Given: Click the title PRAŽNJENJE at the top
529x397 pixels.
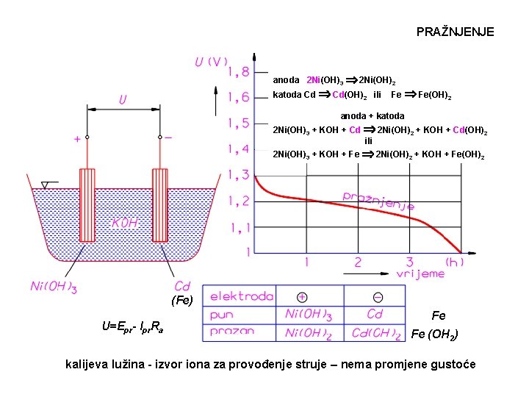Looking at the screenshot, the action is (x=455, y=32).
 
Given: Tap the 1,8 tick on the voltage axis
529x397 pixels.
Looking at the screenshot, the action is (x=238, y=72).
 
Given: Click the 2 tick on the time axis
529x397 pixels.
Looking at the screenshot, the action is (x=358, y=262).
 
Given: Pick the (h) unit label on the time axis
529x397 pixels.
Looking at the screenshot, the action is (x=455, y=262).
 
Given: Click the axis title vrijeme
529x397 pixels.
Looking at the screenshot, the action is (x=420, y=273).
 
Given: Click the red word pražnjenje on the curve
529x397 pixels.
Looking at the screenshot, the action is (x=378, y=199).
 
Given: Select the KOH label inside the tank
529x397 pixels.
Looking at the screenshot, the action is (x=124, y=222).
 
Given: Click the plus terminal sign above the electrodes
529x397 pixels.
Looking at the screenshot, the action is (x=76, y=137).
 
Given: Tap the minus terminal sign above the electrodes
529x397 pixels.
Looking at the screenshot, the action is (x=168, y=137).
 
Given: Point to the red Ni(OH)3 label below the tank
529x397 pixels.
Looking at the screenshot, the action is (x=53, y=287).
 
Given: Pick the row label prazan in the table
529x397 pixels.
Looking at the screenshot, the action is (x=232, y=332).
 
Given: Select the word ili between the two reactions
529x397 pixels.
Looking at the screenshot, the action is (x=369, y=140).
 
